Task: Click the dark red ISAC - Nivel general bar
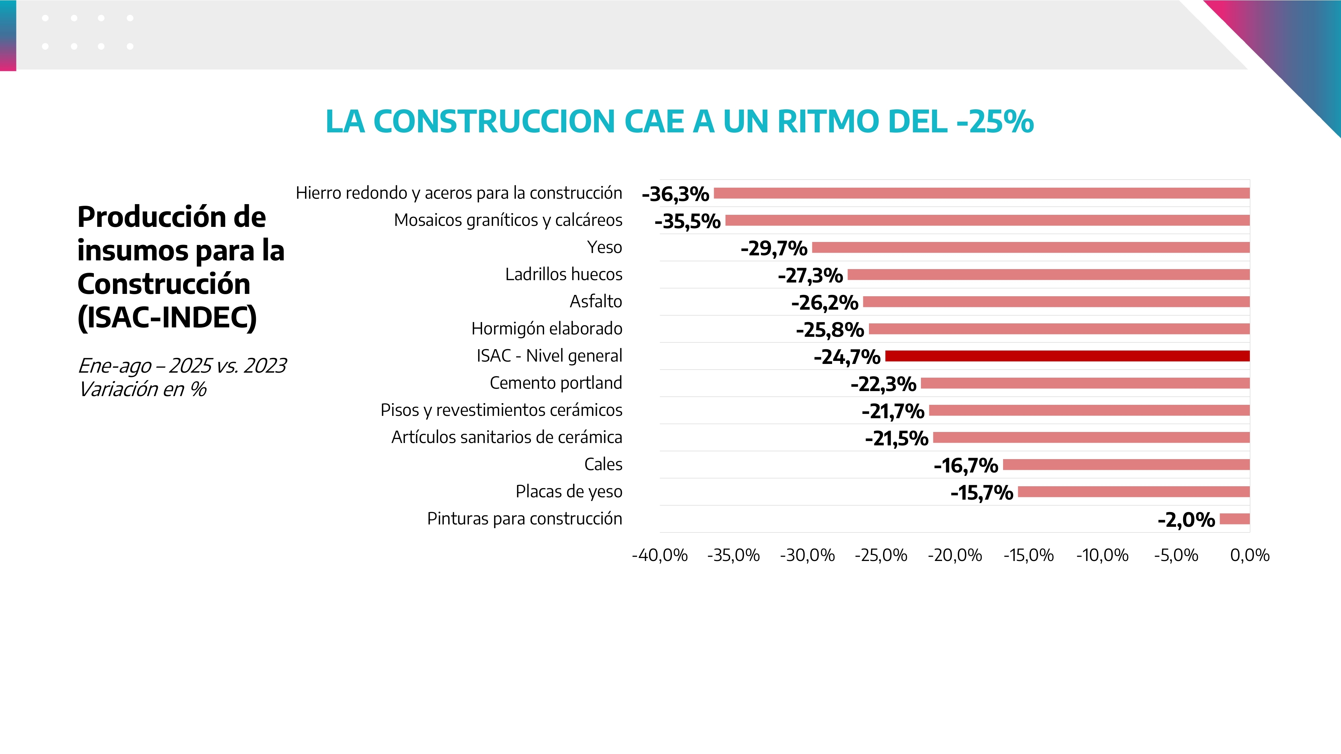(1067, 356)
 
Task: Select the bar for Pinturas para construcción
(1234, 519)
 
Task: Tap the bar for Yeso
(1031, 248)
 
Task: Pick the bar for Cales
(1126, 465)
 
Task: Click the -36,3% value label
(675, 194)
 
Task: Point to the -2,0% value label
(1186, 520)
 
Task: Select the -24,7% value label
(847, 357)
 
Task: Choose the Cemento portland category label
(556, 383)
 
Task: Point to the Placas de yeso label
(569, 491)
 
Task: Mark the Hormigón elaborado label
(546, 329)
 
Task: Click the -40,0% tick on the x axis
(659, 555)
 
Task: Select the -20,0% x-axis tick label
(955, 555)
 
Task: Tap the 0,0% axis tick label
(1249, 555)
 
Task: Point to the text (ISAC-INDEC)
(167, 317)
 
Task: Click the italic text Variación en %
(142, 389)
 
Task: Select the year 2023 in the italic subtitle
(265, 366)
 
